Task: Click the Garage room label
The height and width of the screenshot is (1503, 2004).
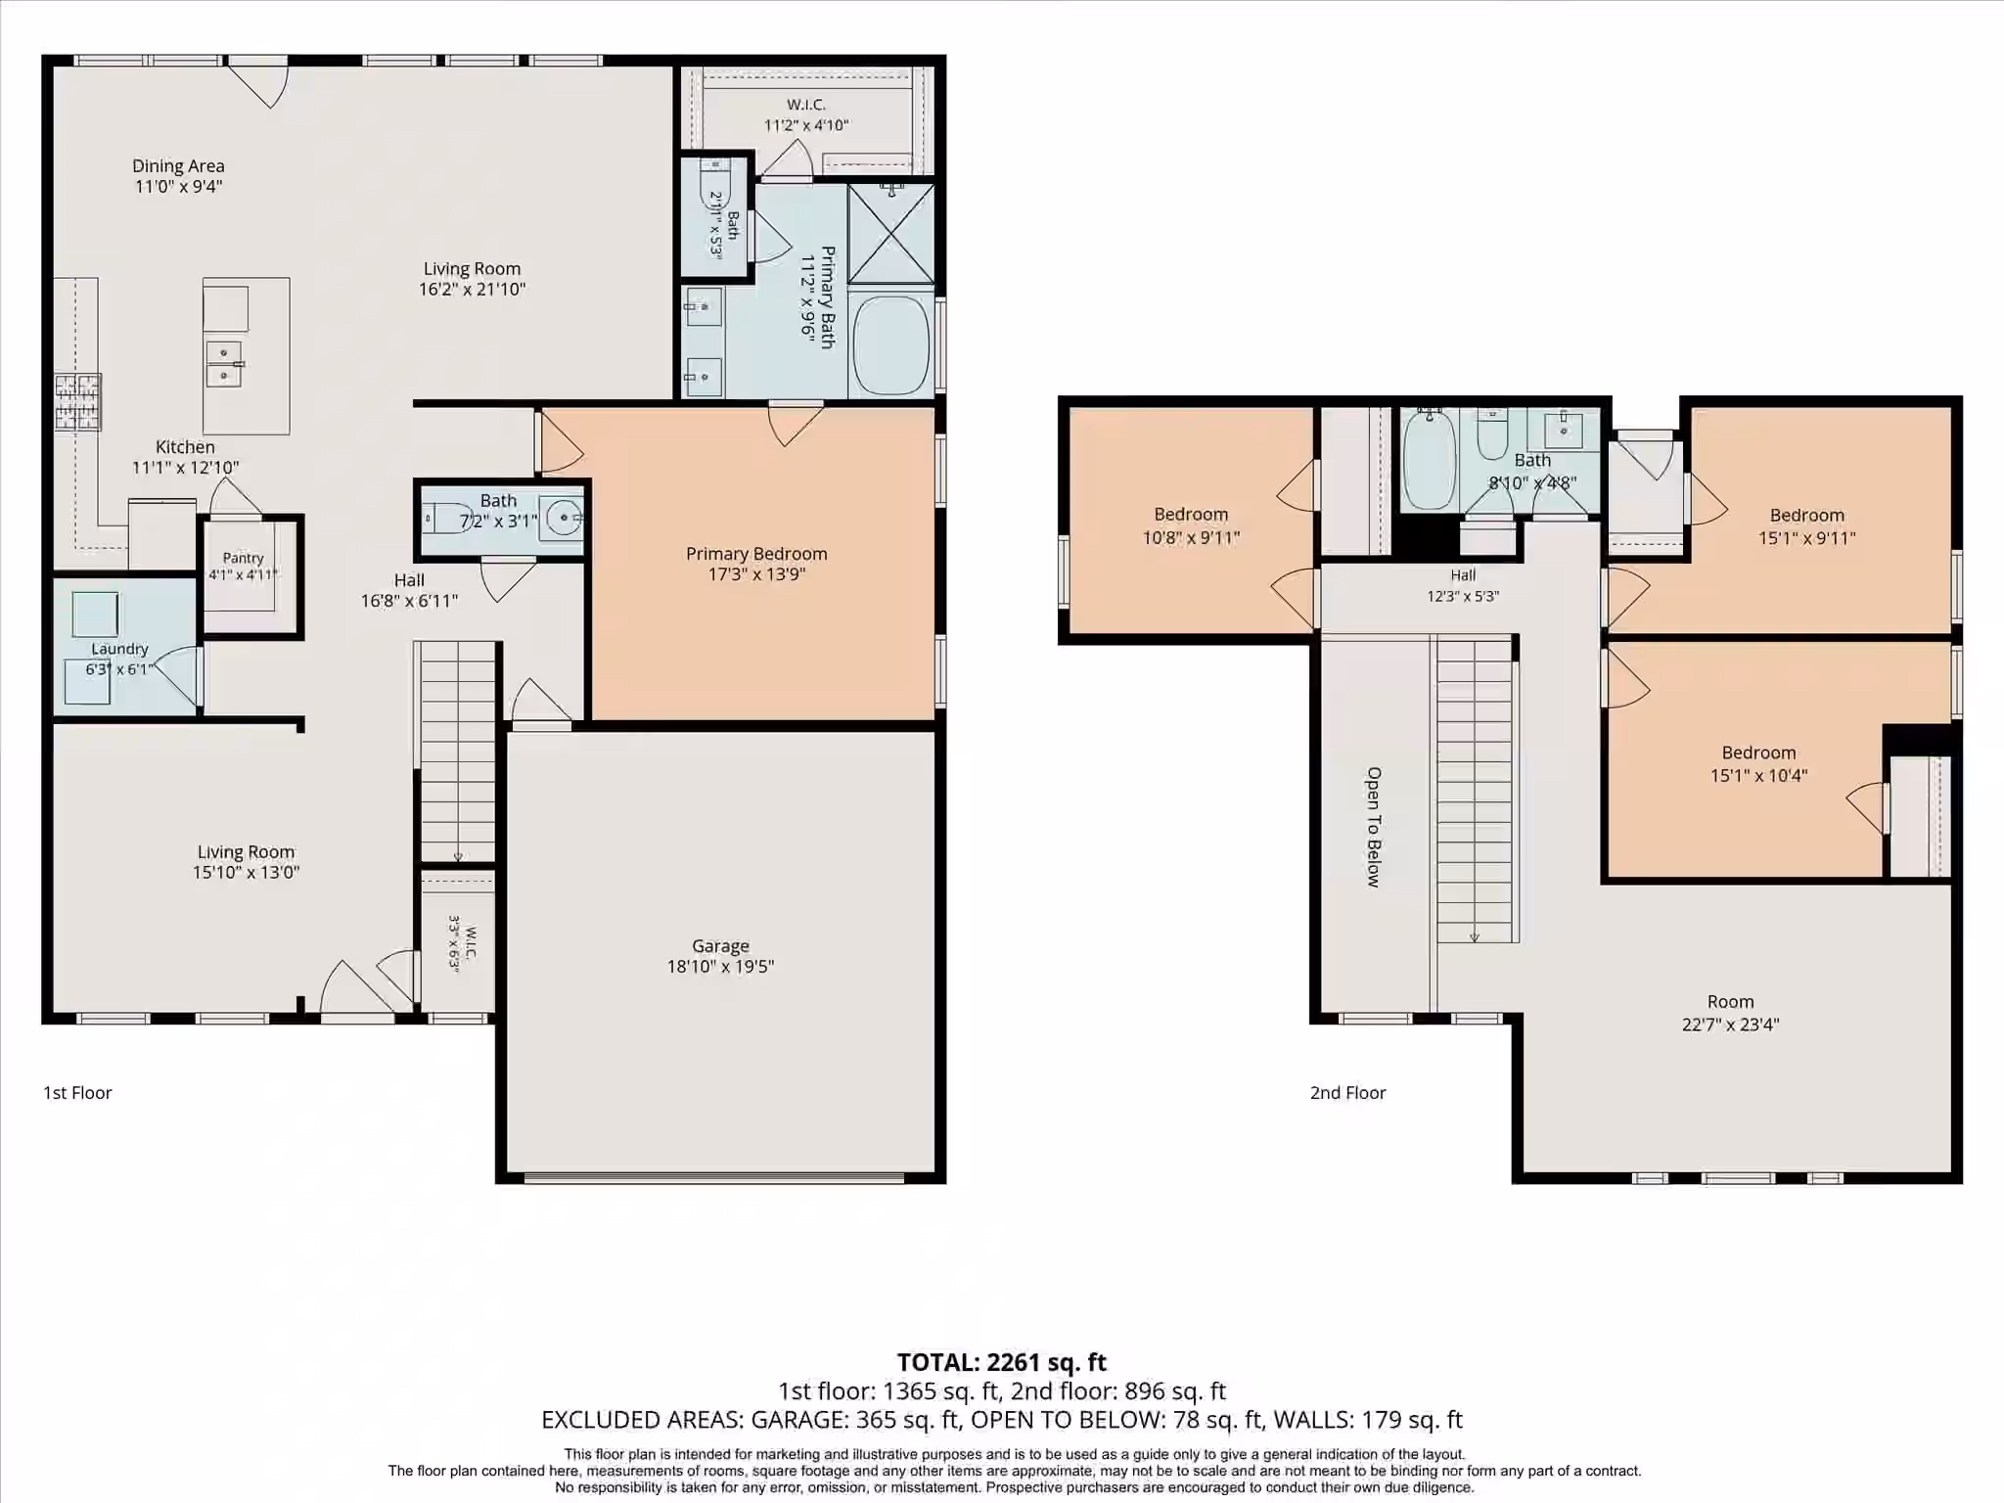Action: click(720, 946)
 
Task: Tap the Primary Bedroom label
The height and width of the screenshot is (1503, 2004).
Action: click(756, 554)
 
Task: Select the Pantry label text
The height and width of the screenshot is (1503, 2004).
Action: click(243, 558)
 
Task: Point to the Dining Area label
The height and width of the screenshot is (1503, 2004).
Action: click(178, 166)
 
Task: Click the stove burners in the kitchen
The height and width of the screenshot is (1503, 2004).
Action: click(77, 402)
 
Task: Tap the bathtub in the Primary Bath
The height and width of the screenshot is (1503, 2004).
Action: click(890, 344)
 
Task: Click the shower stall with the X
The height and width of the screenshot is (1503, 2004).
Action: click(890, 233)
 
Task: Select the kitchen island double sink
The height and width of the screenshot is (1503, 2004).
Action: click(224, 363)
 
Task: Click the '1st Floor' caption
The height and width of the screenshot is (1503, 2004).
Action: click(77, 1093)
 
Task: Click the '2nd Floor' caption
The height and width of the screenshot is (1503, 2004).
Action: click(1347, 1093)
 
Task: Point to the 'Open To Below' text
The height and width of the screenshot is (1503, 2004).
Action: click(1374, 827)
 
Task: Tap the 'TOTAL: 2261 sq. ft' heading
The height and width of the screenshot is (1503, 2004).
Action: click(1001, 1362)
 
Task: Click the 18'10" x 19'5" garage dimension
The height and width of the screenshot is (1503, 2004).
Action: click(720, 967)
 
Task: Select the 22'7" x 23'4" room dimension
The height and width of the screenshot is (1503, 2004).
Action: click(1730, 1025)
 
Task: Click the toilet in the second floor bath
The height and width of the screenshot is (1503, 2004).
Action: click(1492, 433)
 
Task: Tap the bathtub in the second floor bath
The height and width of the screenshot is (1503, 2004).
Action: click(1430, 459)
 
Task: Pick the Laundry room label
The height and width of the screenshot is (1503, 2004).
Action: click(119, 649)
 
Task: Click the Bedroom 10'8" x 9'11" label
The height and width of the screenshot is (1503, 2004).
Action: click(1191, 525)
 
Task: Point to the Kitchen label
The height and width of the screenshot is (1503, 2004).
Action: click(185, 447)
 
